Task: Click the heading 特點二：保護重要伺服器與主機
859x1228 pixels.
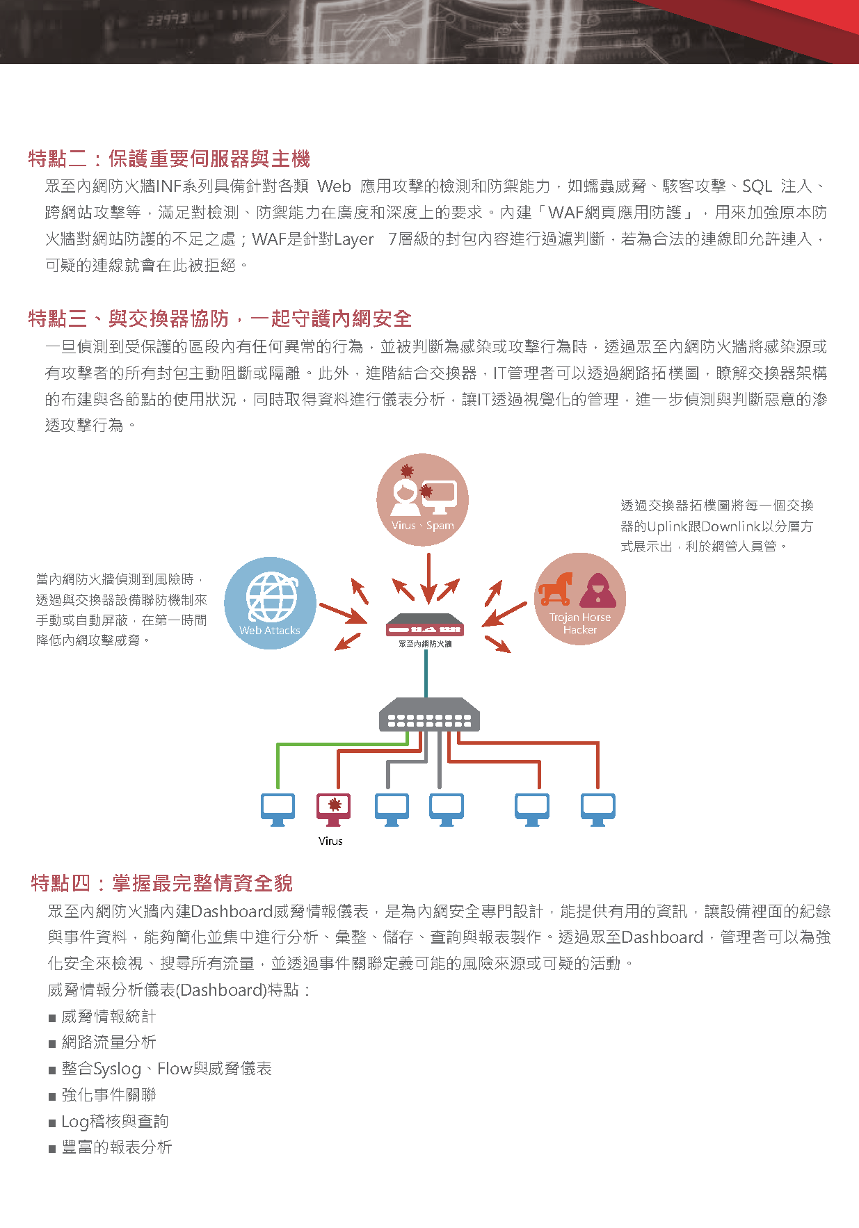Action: click(169, 159)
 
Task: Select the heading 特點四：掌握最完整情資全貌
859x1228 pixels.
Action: click(162, 883)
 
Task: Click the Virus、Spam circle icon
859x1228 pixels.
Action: click(422, 499)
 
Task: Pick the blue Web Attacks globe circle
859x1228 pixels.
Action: click(270, 603)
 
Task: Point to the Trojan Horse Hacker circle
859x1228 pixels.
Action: click(580, 599)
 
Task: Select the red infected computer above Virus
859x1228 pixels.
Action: click(334, 809)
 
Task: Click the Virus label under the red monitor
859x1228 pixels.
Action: click(330, 841)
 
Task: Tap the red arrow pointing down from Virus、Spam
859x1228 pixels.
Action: click(428, 578)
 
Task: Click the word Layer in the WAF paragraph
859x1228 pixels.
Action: click(354, 240)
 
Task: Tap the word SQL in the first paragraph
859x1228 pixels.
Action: click(757, 186)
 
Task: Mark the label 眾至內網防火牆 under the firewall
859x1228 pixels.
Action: click(425, 644)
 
